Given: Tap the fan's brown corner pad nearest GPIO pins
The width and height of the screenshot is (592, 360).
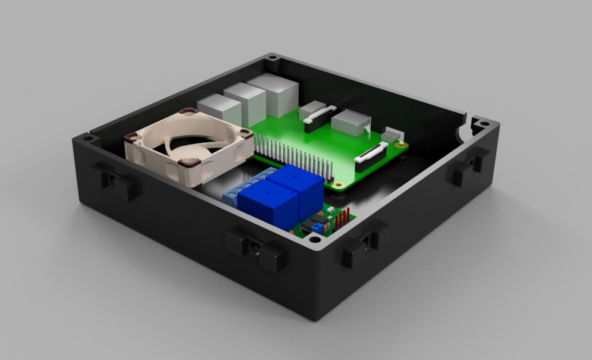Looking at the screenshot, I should (x=244, y=136).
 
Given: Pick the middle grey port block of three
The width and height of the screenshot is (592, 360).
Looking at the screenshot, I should (x=245, y=103).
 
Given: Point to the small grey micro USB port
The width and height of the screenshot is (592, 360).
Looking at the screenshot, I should (x=391, y=136).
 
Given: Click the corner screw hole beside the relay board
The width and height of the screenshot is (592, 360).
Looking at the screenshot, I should (x=314, y=240).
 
